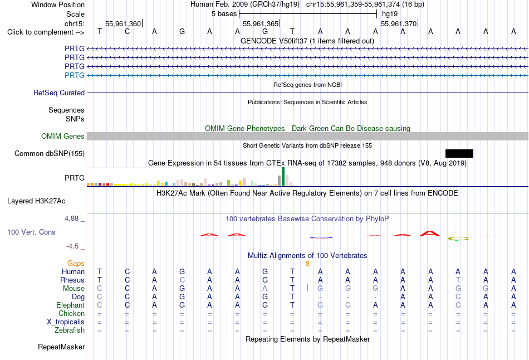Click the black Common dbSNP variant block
[459, 154]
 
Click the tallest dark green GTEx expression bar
[283, 177]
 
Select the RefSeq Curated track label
[59, 93]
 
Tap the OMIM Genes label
[63, 136]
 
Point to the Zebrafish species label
[70, 330]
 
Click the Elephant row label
[71, 305]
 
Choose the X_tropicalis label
[66, 322]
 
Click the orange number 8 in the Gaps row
[308, 264]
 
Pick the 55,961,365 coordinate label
[261, 23]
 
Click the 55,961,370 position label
[399, 23]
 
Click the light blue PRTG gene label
[75, 75]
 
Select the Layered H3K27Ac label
[36, 201]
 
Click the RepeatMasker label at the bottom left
[61, 347]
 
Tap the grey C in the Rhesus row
[182, 280]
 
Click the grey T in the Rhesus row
[458, 280]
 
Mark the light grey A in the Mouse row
[265, 289]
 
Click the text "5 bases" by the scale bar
[224, 14]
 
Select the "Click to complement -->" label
[46, 32]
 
